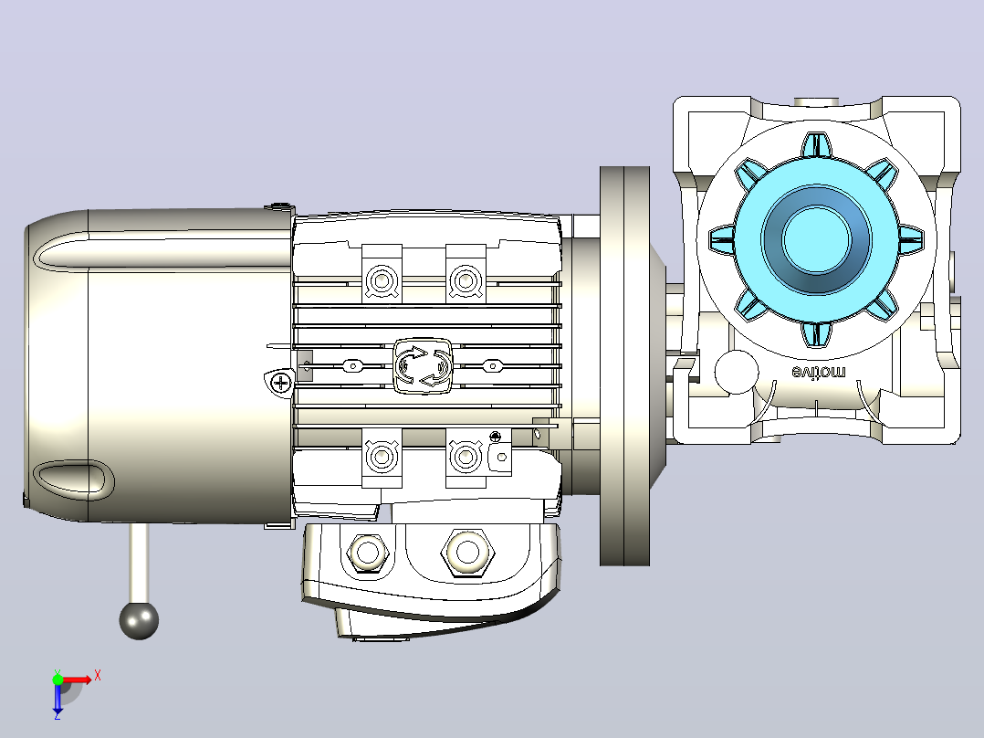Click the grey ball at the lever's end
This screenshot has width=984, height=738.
point(139,620)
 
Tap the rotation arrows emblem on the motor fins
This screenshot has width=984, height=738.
point(423,365)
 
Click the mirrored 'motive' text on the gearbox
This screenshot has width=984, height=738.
point(818,373)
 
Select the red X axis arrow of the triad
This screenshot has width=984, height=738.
point(78,680)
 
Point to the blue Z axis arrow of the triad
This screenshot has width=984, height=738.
point(58,699)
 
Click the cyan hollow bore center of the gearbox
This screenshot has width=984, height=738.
point(816,239)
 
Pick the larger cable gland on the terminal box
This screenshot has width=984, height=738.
point(467,553)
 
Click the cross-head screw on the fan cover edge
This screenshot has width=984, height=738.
point(280,382)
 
